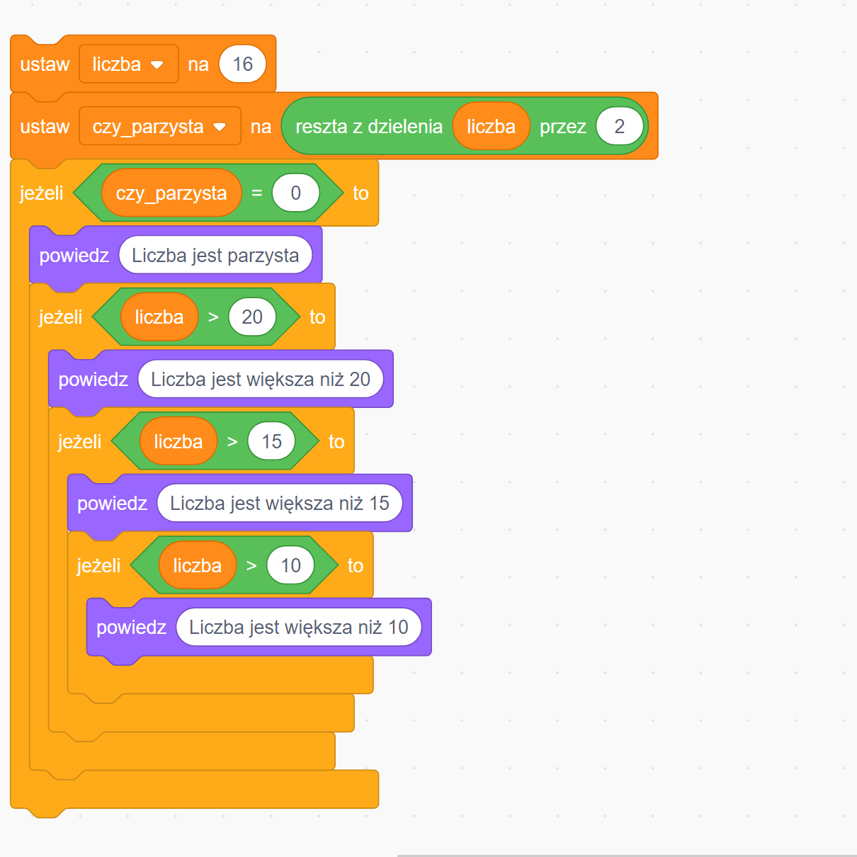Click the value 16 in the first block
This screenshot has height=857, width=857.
(242, 64)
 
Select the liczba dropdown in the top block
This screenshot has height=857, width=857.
(128, 64)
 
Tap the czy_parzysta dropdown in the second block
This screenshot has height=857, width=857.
(159, 127)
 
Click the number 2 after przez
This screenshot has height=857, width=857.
(619, 127)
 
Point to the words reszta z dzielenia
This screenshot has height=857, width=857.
(368, 127)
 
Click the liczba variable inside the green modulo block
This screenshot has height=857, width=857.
(491, 127)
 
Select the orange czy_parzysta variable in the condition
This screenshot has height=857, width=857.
(171, 193)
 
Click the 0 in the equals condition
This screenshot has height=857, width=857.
(295, 193)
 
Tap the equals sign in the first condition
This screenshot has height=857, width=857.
(256, 193)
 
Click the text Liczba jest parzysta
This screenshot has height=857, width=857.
(215, 256)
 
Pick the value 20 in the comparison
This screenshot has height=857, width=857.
(252, 317)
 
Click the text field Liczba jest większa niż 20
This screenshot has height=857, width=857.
(260, 380)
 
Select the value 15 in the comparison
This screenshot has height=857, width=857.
(271, 442)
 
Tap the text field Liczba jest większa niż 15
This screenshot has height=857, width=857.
(279, 504)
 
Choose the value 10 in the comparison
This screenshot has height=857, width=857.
(290, 566)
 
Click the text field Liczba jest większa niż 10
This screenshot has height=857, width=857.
(298, 628)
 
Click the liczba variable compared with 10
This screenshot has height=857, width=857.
(197, 566)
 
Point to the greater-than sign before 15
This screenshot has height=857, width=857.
(232, 442)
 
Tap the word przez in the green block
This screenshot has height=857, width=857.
(562, 127)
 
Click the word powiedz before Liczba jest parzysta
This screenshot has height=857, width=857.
(74, 256)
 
